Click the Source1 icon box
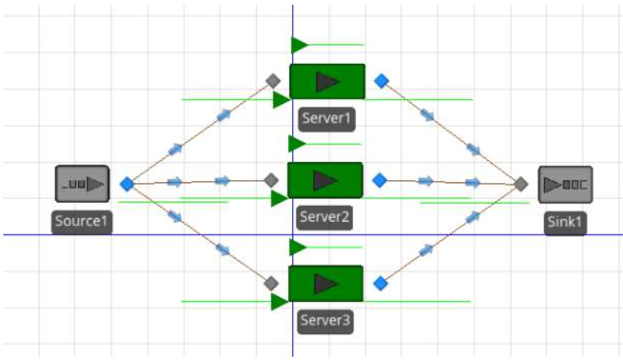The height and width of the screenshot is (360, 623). point(82,184)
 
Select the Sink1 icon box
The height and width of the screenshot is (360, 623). point(566,185)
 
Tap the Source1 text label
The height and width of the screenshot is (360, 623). point(82,221)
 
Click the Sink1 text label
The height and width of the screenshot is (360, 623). point(565,221)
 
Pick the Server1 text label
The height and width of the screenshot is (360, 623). point(327,118)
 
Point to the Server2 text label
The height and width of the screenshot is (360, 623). point(324,217)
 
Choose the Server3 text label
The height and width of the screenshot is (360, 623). point(325,320)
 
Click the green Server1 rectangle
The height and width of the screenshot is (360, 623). point(328,82)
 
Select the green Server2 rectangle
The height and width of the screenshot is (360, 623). point(325,180)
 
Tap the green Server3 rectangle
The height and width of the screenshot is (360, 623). point(325,283)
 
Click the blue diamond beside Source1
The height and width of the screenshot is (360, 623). point(128,184)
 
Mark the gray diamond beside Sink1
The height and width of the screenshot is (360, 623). point(521,184)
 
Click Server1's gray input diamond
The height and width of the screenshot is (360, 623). point(273,81)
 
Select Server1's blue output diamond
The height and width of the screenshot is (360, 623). point(382,81)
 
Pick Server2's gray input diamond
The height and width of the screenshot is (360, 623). point(271,180)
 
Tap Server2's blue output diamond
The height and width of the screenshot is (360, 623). point(379,180)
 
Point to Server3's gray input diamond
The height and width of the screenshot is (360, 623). point(271,283)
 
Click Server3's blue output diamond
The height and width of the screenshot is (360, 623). point(381,283)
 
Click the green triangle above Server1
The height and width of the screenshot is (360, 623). point(299,45)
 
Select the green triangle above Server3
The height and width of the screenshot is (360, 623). point(297,247)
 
